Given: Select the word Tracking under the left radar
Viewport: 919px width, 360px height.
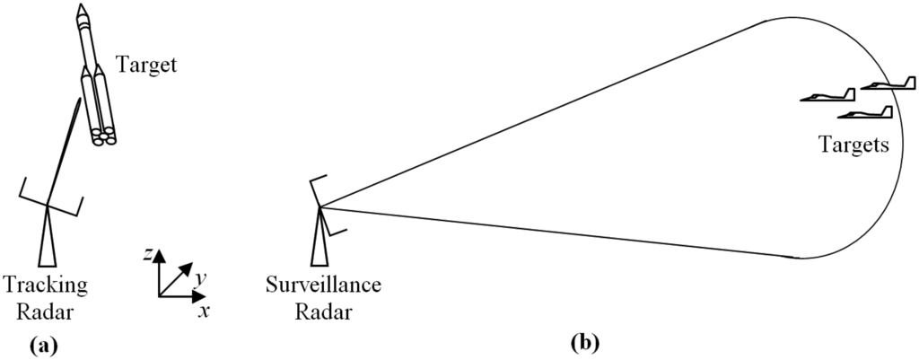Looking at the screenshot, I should (x=46, y=285).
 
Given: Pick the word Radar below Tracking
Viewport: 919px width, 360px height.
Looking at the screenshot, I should (x=46, y=312).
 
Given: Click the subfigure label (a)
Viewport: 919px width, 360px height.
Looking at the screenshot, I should (x=44, y=343).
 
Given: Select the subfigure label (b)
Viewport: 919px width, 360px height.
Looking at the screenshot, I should (x=585, y=343).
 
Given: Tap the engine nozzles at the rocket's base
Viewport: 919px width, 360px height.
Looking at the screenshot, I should (x=103, y=136).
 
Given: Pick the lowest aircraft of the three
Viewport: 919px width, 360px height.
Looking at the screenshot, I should (x=865, y=113).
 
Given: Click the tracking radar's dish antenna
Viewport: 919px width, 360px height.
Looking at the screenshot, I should (x=50, y=198).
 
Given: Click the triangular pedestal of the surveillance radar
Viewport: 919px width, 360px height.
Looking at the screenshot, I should (x=318, y=241).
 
